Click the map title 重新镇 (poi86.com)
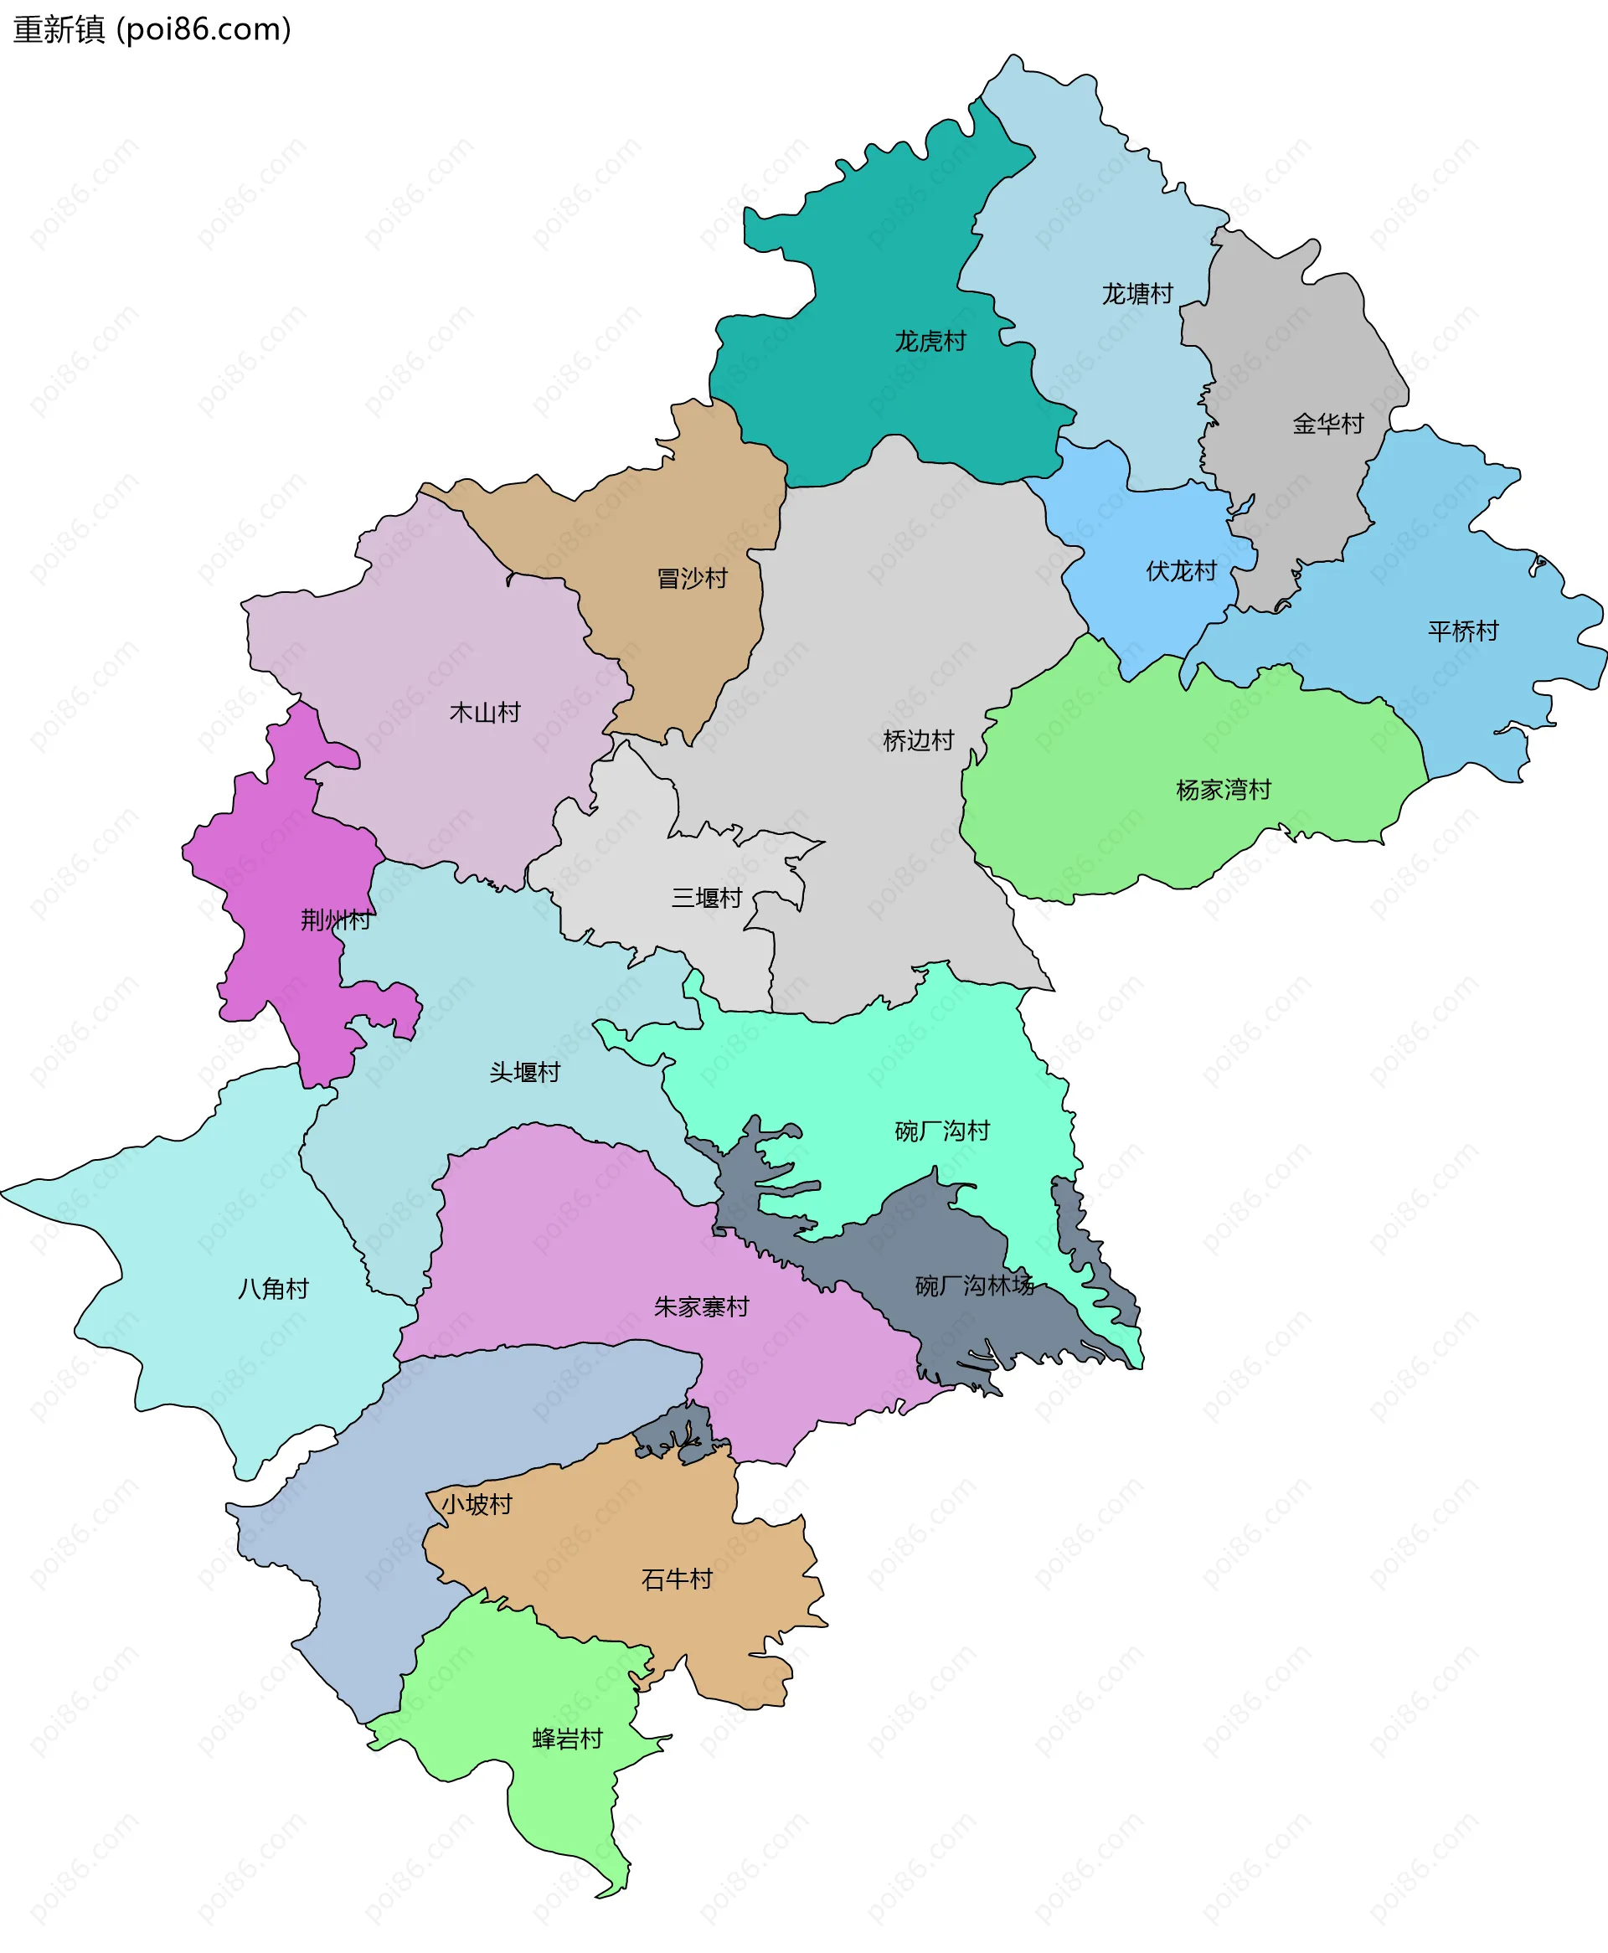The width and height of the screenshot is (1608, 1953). click(x=152, y=29)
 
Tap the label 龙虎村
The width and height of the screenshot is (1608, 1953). click(x=930, y=342)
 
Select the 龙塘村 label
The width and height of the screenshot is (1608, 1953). click(x=1137, y=294)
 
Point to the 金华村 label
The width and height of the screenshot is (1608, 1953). click(x=1328, y=424)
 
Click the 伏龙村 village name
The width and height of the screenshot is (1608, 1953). click(x=1181, y=570)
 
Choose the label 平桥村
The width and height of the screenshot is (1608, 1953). click(x=1462, y=631)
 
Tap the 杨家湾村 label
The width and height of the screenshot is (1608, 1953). click(x=1223, y=790)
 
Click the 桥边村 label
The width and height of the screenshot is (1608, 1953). click(x=918, y=741)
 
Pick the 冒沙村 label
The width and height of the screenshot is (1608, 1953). click(x=692, y=579)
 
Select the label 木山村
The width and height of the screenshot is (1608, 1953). click(x=484, y=712)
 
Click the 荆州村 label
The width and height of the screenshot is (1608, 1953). click(x=335, y=920)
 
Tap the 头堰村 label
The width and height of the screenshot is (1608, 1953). click(x=524, y=1071)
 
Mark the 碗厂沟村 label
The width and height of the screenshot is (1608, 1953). click(x=942, y=1131)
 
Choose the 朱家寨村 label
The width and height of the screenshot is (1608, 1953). click(x=701, y=1306)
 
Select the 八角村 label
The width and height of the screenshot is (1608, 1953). click(x=273, y=1288)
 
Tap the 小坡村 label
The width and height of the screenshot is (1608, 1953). click(x=476, y=1504)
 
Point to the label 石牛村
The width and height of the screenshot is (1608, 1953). click(x=676, y=1579)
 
